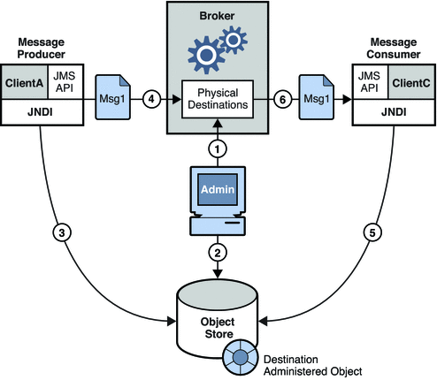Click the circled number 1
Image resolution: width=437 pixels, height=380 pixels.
(218, 149)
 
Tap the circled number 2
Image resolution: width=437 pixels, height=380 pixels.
(218, 253)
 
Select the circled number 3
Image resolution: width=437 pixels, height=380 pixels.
(62, 232)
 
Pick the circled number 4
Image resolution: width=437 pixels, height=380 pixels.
(151, 99)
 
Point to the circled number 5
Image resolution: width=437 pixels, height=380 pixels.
(372, 232)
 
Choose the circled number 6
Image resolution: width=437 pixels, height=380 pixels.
(282, 99)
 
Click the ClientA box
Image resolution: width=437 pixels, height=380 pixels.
(25, 82)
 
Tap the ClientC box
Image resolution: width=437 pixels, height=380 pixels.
(411, 82)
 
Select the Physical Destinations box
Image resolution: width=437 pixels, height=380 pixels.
(218, 99)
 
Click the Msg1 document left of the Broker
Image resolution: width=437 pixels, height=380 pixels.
(112, 97)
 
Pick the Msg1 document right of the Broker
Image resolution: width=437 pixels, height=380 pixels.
(317, 97)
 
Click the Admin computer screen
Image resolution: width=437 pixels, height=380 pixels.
(218, 189)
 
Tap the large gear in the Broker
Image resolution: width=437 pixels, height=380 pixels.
(206, 55)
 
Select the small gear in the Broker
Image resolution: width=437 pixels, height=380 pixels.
(234, 40)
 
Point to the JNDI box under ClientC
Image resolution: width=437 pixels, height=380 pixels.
(394, 112)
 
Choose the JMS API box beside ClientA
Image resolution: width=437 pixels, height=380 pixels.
(65, 82)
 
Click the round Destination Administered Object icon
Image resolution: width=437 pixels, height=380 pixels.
(240, 357)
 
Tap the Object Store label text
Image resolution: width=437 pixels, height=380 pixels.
(218, 328)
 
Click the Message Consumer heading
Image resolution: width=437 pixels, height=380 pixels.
(394, 49)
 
